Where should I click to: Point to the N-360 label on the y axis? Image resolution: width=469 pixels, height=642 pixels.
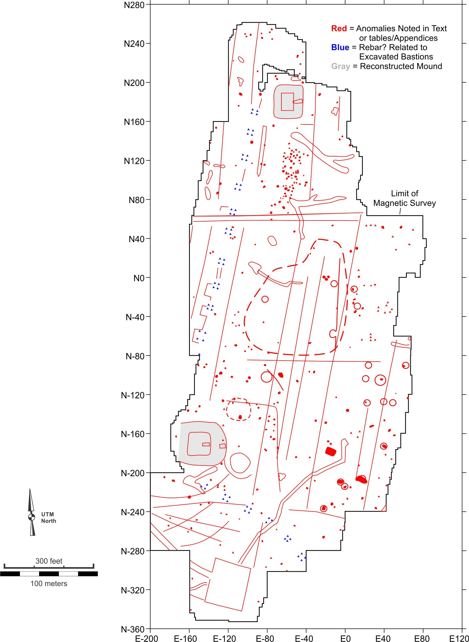[x=133, y=629]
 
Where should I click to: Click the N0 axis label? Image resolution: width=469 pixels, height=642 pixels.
[x=139, y=278]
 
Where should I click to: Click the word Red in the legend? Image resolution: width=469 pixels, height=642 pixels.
[x=339, y=28]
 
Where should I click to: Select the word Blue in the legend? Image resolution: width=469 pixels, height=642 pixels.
[x=340, y=47]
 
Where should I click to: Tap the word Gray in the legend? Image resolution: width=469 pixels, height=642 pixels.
[x=340, y=66]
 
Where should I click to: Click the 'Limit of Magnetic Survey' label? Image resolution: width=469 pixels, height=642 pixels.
[x=404, y=198]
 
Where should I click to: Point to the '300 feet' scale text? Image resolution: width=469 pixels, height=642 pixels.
[x=49, y=561]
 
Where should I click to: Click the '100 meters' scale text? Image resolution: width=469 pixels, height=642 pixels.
[x=49, y=583]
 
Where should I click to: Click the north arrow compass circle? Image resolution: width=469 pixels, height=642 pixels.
[x=32, y=517]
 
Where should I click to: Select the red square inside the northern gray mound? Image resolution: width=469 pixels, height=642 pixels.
[x=287, y=102]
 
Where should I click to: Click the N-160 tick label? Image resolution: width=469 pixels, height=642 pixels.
[x=133, y=434]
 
